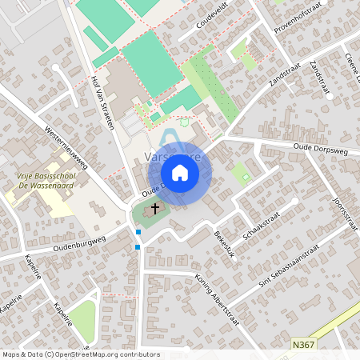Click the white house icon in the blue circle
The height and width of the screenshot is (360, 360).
180,172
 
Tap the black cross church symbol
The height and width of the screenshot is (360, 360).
155,208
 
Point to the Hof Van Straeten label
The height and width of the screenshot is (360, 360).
104,103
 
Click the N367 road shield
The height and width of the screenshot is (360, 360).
302,345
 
